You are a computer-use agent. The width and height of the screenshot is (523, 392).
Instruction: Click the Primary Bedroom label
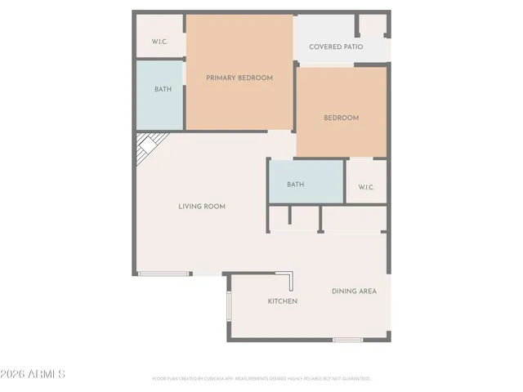239,78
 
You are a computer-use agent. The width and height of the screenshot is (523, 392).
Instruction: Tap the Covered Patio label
336,47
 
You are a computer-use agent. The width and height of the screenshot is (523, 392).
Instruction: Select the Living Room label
202,207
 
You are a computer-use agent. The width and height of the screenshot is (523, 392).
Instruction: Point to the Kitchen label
283,301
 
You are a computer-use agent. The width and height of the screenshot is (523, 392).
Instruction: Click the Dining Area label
354,291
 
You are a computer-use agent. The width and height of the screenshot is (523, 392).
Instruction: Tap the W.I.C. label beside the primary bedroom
159,42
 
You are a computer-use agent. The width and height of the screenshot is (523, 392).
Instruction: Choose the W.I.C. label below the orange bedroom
365,187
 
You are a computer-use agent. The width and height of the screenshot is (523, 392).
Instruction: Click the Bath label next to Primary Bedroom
163,89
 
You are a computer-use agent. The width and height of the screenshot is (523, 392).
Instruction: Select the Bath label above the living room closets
295,185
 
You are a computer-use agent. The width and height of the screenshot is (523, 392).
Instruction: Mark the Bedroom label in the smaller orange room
341,118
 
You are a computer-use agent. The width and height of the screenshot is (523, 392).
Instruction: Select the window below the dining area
347,339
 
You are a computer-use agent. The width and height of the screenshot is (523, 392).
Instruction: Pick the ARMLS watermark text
47,374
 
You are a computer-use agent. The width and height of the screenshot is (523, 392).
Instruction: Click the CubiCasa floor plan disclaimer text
261,379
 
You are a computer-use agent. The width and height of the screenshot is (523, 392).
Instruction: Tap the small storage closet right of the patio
373,24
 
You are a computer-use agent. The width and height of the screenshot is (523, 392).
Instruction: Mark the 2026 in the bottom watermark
14,374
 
